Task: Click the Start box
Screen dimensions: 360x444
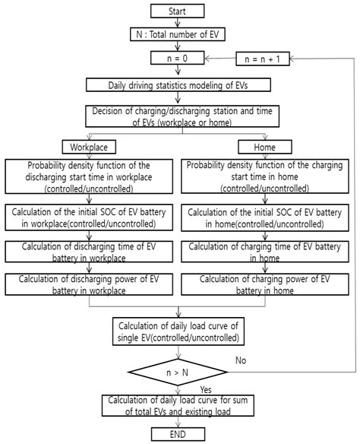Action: [x=177, y=11]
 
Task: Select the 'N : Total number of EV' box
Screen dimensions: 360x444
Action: [x=177, y=34]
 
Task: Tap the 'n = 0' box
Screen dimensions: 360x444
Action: [x=177, y=58]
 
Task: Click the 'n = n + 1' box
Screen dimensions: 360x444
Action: [x=263, y=59]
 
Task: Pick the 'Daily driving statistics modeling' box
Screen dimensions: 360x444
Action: [x=178, y=85]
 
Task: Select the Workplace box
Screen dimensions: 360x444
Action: [x=89, y=147]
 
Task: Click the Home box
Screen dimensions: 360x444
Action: [x=265, y=147]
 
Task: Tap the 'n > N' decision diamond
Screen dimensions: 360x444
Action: [x=178, y=372]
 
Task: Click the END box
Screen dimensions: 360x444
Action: [x=178, y=434]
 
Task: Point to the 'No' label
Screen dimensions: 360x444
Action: [x=241, y=360]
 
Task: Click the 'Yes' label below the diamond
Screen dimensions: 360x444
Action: [x=206, y=389]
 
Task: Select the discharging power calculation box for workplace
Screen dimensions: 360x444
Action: [x=89, y=284]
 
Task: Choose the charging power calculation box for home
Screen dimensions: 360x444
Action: [x=265, y=284]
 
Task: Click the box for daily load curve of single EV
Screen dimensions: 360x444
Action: [x=178, y=331]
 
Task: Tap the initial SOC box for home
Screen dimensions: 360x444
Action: [x=265, y=217]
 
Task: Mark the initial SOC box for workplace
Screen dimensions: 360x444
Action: [x=89, y=217]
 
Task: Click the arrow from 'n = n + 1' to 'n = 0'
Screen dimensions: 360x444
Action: [x=220, y=59]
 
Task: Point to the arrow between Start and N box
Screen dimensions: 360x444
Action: [x=177, y=23]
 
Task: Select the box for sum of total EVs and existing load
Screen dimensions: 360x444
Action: [x=178, y=405]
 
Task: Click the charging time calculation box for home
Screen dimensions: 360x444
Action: [x=265, y=252]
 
